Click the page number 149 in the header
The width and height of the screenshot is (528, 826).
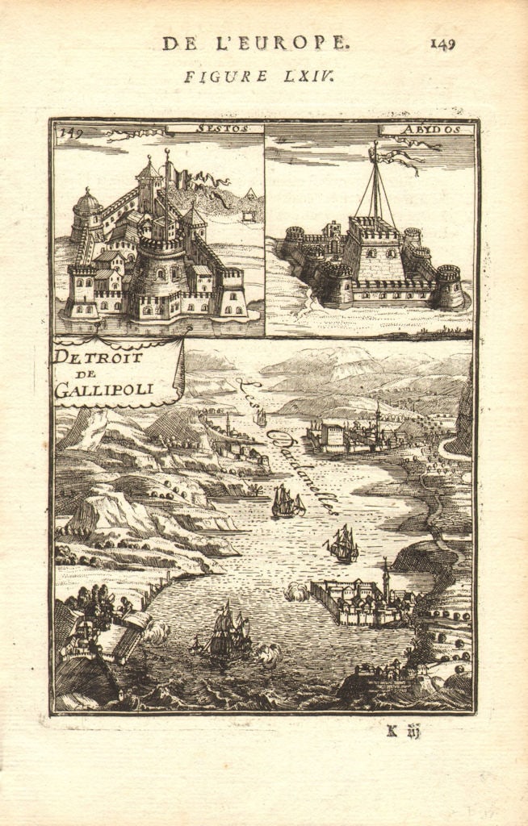click(x=442, y=44)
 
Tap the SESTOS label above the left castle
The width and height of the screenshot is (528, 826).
click(x=220, y=128)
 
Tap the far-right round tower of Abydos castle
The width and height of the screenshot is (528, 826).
click(x=449, y=286)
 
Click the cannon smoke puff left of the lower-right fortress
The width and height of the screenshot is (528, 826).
click(x=296, y=593)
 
